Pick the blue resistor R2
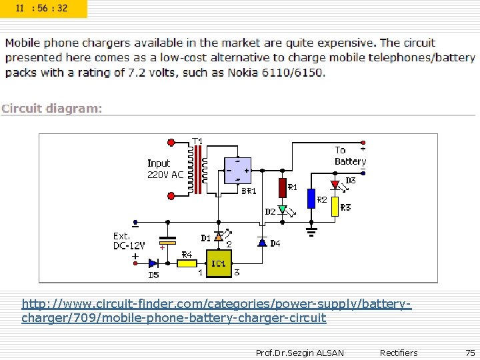tap(311, 199)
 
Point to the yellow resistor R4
tap(187, 263)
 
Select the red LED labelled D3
tap(335, 184)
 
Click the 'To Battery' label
tap(349, 156)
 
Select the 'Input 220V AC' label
tap(165, 169)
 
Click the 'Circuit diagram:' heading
tap(52, 109)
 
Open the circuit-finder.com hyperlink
tap(216, 311)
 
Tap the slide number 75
tap(470, 353)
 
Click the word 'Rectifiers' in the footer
tap(398, 353)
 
